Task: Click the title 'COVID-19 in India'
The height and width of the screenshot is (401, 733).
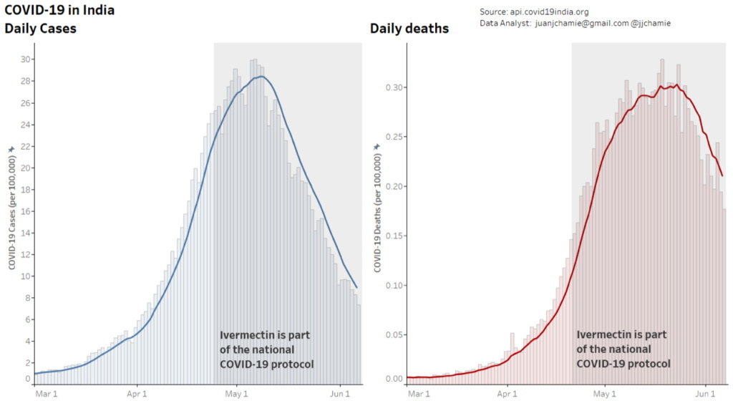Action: tap(59, 11)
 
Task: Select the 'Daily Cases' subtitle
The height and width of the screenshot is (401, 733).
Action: tap(41, 29)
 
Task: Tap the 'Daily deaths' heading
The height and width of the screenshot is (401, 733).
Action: tap(409, 29)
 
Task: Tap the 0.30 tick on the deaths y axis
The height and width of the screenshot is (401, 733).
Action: tap(394, 87)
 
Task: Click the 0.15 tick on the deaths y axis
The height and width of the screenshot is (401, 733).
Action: tap(394, 236)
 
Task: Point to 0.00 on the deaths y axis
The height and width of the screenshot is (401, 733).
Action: tap(394, 378)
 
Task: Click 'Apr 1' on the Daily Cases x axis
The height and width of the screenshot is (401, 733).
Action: tap(137, 393)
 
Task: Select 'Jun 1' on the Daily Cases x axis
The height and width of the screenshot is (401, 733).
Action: tap(340, 393)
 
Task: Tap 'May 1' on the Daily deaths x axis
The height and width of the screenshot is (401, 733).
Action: tap(605, 393)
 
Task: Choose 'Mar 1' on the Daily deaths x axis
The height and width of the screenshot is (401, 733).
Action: tap(419, 393)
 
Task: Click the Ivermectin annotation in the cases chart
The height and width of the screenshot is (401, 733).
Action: tap(266, 349)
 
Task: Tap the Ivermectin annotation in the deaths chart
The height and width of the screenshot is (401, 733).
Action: tap(623, 349)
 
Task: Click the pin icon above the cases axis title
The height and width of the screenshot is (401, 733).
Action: tap(11, 149)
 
